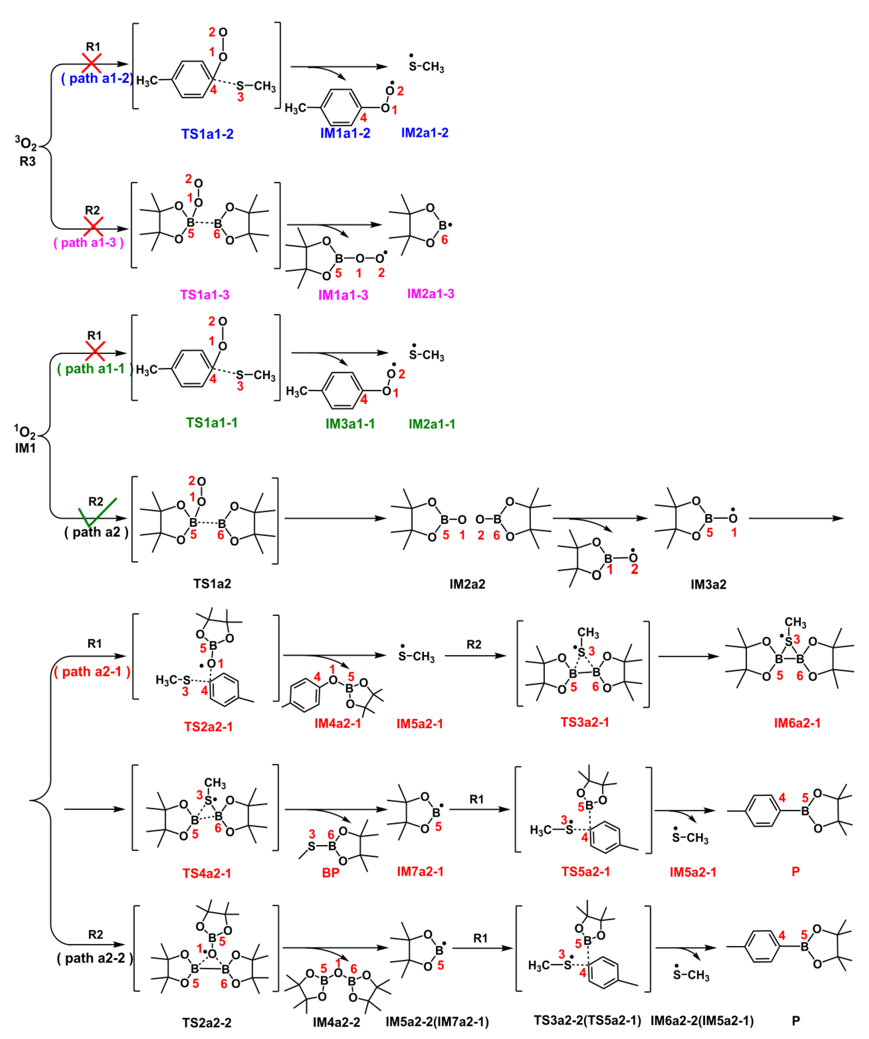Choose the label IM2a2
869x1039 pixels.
point(467,584)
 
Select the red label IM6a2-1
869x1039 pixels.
point(797,723)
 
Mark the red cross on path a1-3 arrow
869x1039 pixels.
point(93,227)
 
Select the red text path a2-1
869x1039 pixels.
point(92,671)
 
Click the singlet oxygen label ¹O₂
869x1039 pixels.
point(25,431)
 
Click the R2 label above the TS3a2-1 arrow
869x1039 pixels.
point(473,644)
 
